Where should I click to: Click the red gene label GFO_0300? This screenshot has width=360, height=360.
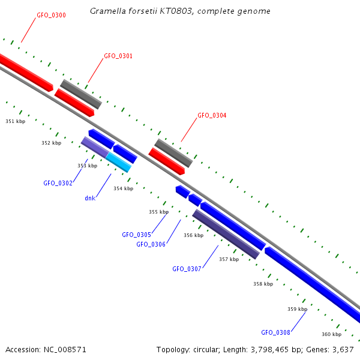coord(51,14)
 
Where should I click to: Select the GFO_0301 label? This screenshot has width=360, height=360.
coord(118,56)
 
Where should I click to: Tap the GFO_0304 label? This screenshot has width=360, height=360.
coord(212,115)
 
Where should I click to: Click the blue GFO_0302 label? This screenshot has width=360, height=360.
coord(58,183)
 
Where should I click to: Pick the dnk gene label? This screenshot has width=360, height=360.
coord(90,197)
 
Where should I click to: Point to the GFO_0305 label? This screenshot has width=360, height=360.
coord(136,235)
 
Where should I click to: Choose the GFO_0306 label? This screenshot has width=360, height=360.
coord(151,244)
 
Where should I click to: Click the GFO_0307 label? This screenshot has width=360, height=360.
coord(187,269)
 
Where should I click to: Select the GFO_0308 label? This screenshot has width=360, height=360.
coord(275,332)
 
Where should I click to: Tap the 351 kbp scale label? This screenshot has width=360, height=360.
coord(16,121)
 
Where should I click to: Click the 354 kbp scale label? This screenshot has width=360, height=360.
coord(123,188)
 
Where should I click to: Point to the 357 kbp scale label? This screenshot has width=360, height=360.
coord(229,259)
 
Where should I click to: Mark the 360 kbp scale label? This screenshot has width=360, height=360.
coord(331,334)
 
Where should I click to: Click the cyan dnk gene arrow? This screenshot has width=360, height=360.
coord(118,162)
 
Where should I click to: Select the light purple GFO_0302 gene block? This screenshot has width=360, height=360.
coord(94,147)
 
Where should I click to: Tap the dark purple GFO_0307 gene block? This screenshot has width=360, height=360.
coord(226,235)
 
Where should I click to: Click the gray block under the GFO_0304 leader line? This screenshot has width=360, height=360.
coord(173,153)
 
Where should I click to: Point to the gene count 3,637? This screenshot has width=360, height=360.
coord(343,349)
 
